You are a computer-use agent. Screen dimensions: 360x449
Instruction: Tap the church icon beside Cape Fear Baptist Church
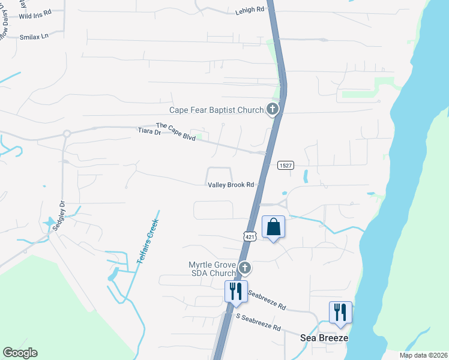[x=273, y=109]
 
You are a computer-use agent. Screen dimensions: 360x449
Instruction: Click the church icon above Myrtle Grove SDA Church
[x=244, y=267]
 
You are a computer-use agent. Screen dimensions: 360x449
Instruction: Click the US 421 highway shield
[x=250, y=237]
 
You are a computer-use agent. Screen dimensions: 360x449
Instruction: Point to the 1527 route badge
[x=285, y=166]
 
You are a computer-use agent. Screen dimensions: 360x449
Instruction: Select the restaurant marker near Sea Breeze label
[x=340, y=313]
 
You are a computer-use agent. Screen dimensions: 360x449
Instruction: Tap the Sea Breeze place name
[x=324, y=338]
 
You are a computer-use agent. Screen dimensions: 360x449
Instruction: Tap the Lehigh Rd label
[x=250, y=10]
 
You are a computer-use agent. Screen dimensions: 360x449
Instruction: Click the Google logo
[x=20, y=353]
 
